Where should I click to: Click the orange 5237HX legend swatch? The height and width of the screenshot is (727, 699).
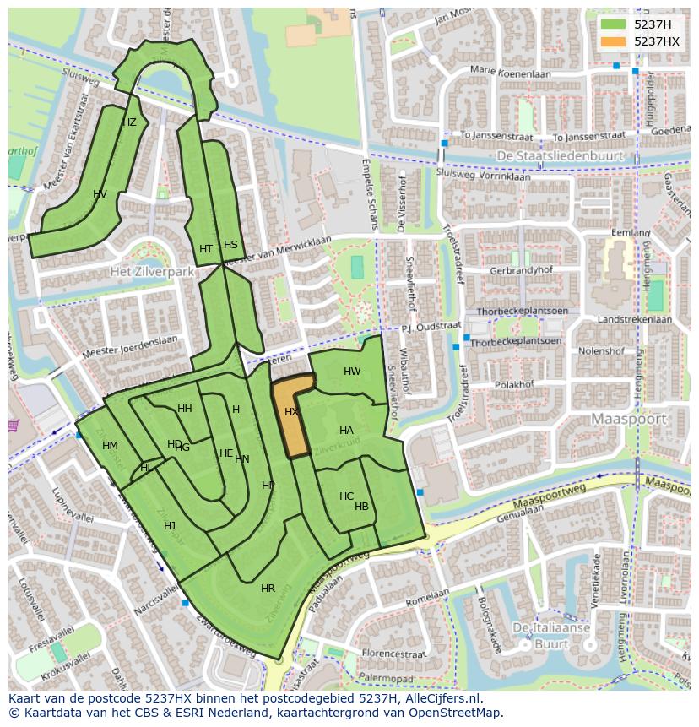coord(614,41)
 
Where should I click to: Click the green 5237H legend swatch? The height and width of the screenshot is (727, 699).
coord(614,24)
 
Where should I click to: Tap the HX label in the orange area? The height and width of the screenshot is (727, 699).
coord(291,412)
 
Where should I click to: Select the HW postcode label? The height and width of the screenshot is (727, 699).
coord(352,372)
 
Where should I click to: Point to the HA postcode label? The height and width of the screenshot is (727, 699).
coord(346,431)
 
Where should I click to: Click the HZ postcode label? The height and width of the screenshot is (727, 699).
coord(129,122)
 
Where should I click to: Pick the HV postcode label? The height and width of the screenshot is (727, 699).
coord(100,194)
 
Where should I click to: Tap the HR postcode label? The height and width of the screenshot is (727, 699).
coord(268,589)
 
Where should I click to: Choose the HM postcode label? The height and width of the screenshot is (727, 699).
coord(110,446)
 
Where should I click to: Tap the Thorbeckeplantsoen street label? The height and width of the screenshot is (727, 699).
coord(516,342)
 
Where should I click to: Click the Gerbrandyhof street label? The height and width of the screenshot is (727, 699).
coord(521,270)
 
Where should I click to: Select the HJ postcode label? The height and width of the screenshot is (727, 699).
coord(170,526)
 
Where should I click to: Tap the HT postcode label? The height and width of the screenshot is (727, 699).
coord(206,249)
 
